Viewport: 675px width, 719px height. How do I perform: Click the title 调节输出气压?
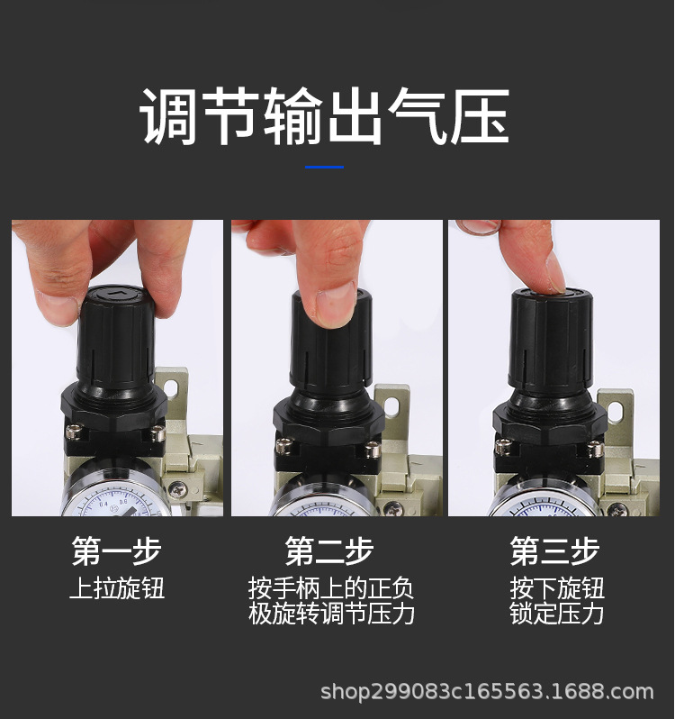[325, 116]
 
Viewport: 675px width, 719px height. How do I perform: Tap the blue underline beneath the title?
[324, 167]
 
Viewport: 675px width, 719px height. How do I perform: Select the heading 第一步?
[116, 551]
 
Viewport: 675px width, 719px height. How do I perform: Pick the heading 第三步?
[554, 551]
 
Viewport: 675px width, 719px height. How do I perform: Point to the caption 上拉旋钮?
[117, 589]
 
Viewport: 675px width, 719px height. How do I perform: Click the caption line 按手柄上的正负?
[331, 589]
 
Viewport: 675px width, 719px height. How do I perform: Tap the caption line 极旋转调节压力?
[331, 614]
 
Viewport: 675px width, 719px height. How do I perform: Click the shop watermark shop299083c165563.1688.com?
[487, 692]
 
